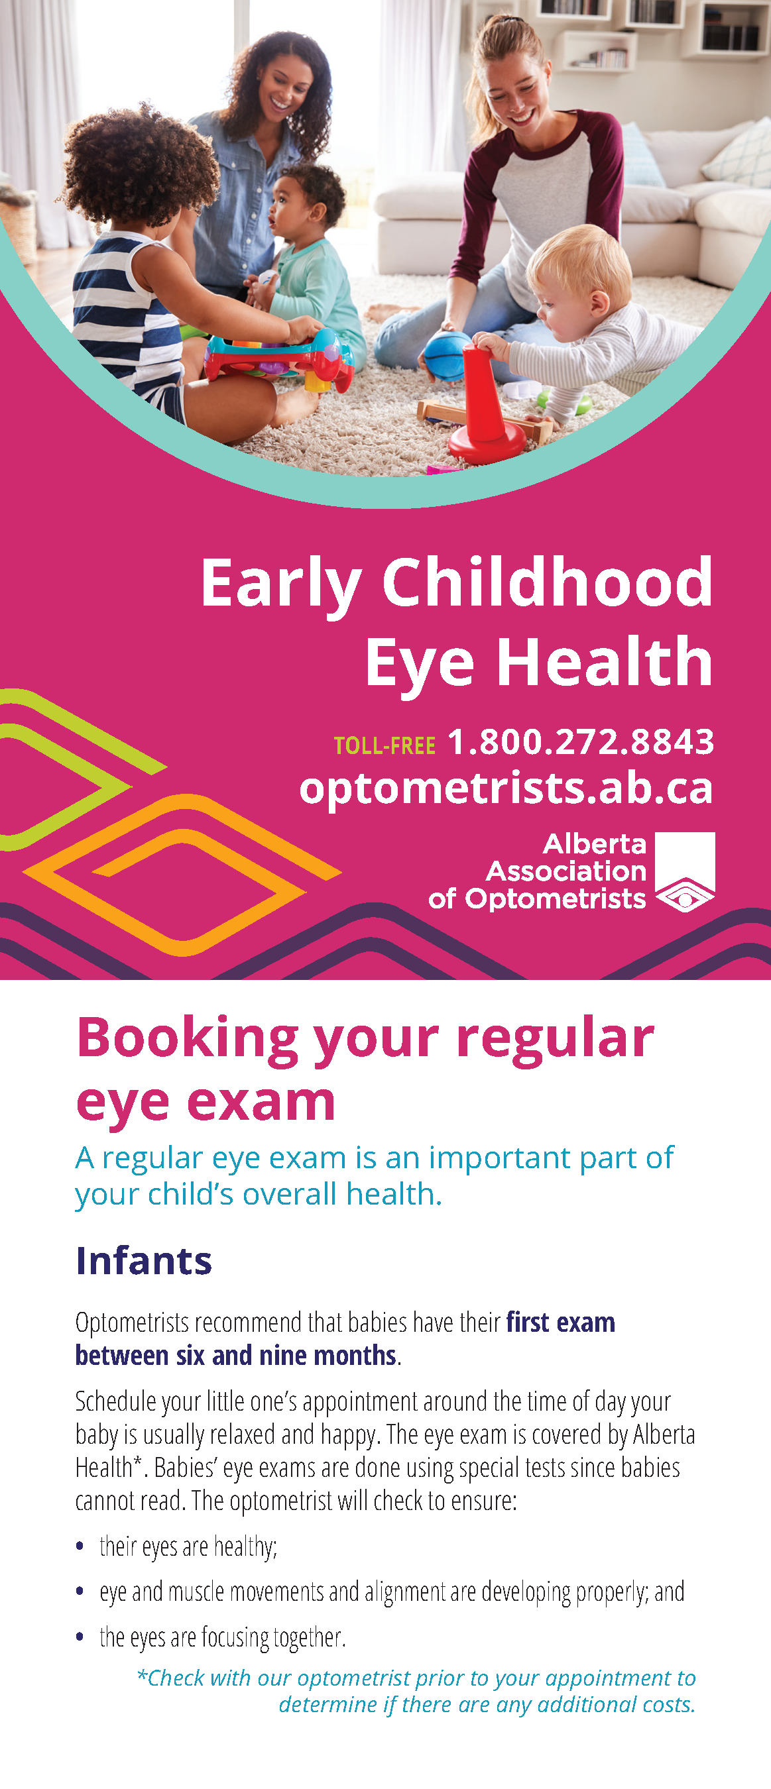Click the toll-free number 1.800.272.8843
point(581,741)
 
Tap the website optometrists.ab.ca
point(506,788)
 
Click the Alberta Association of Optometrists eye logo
point(685,871)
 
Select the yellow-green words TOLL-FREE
point(385,746)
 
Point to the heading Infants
point(144,1260)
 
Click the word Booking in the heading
point(188,1039)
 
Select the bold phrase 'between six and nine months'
point(235,1355)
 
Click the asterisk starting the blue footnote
point(142,1674)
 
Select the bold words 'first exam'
point(561,1323)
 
